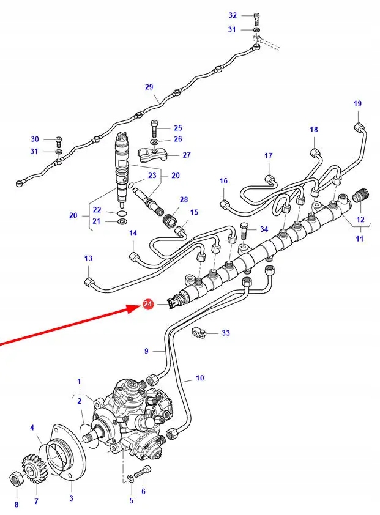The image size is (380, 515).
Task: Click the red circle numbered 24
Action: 147,304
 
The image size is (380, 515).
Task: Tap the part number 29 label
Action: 149,87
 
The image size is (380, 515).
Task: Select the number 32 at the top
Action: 233,15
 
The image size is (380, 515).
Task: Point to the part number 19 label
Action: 358,104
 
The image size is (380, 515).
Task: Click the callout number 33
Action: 226,333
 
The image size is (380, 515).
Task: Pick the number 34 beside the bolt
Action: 264,229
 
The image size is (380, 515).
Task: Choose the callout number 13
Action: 88,259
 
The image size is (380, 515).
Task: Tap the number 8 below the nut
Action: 17,505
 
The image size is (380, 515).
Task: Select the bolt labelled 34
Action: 245,231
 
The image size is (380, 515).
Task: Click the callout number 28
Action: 184,200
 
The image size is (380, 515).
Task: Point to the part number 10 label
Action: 200,378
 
